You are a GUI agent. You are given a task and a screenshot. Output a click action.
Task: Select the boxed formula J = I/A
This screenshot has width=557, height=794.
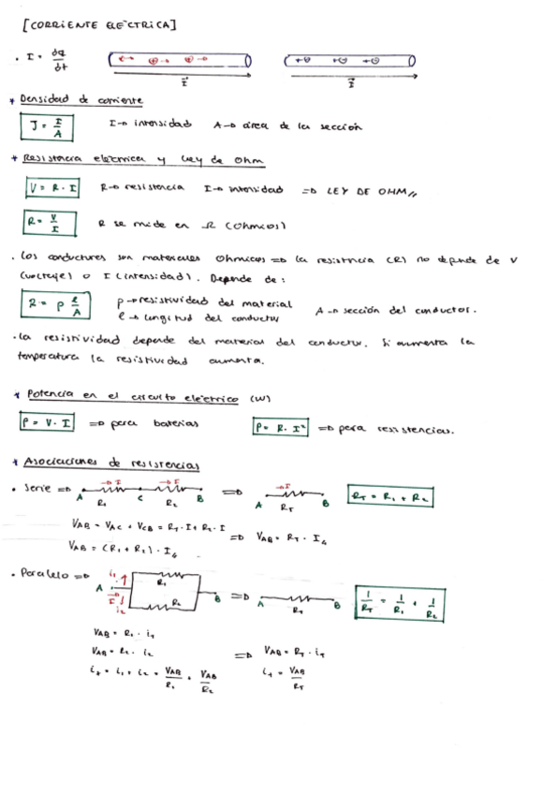[x=45, y=126]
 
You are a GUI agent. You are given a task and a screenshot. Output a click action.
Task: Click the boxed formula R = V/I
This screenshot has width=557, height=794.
[x=44, y=225]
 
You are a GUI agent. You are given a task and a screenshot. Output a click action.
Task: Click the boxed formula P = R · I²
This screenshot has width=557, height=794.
[x=281, y=428]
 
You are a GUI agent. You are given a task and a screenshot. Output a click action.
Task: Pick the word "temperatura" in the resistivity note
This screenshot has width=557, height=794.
[x=47, y=358]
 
